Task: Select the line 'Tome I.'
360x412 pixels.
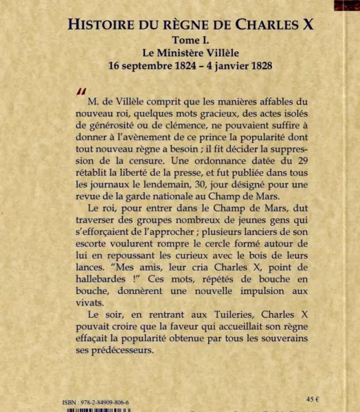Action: tap(191, 41)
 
